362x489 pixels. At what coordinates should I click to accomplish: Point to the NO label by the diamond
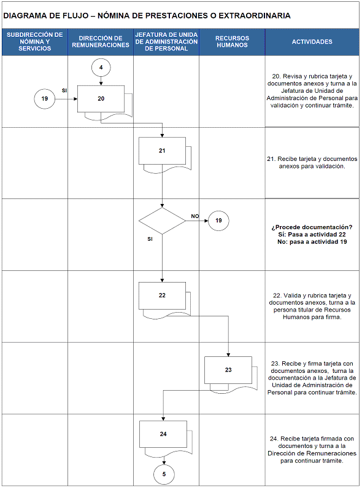pos(195,216)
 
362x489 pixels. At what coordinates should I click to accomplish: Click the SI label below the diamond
pos(150,239)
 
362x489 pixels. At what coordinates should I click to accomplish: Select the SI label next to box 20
pos(64,91)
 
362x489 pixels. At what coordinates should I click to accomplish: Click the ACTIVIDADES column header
pos(312,42)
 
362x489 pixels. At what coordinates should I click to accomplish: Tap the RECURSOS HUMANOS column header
pos(232,42)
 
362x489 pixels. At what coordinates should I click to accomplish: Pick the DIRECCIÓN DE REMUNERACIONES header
pos(100,42)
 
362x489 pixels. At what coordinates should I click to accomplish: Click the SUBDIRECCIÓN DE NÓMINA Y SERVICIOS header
pos(34,42)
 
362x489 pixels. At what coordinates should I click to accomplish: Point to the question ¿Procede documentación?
pos(312,227)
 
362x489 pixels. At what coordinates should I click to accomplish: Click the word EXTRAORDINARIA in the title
pos(255,15)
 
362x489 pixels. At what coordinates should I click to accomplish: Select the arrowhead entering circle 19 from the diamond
pos(206,221)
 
